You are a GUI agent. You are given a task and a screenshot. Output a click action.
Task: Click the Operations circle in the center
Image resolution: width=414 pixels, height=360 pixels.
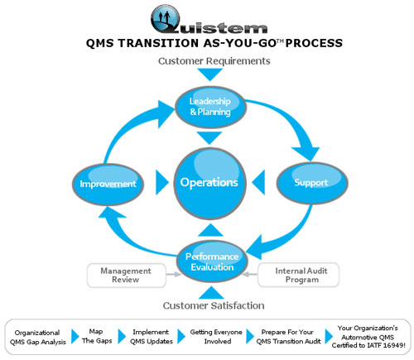[x=209, y=184]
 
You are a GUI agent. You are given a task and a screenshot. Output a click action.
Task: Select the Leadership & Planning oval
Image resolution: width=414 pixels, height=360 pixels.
[x=210, y=107]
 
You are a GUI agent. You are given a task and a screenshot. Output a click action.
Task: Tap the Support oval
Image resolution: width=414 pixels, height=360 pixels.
[x=312, y=183]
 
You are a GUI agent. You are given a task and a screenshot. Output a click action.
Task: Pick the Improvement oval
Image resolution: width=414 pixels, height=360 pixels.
[x=108, y=184]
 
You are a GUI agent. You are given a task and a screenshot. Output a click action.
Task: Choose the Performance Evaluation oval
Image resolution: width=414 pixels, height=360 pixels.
[x=212, y=262]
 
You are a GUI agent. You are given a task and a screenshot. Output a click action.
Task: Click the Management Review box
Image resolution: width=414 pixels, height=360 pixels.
[x=127, y=276]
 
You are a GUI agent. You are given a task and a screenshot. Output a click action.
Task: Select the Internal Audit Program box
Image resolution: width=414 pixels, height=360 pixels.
[x=298, y=275]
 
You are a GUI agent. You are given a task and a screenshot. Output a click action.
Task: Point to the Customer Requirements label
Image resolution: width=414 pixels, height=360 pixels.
[x=214, y=61]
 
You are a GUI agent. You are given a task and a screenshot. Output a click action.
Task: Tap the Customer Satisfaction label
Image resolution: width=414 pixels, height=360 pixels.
[x=214, y=305]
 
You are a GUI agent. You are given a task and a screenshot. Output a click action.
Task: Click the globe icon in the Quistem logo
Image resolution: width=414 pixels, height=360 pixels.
[x=166, y=19]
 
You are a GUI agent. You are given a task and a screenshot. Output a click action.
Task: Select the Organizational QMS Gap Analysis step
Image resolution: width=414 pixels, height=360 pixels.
[x=38, y=337]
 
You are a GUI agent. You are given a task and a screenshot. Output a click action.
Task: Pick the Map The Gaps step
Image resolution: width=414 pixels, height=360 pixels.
[x=97, y=336]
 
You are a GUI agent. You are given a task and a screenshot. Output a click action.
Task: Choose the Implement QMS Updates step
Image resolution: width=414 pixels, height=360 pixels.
[x=152, y=337]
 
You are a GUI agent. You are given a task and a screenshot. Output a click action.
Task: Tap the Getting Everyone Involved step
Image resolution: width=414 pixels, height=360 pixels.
[x=216, y=337]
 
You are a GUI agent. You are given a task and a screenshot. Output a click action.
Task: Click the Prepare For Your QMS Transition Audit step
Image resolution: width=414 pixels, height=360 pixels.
[x=288, y=337]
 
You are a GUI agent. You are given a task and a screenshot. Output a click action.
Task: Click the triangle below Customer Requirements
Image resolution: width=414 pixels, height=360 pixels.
[x=210, y=74]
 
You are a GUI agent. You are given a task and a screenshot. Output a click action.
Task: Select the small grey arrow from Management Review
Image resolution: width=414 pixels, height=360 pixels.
[x=174, y=275]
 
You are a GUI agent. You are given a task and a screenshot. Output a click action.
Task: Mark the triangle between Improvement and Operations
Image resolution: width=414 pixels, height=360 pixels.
[x=162, y=183]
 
